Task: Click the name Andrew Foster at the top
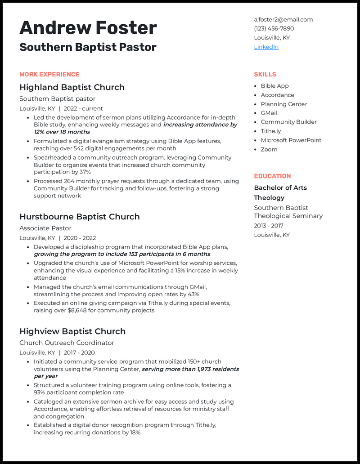(88, 28)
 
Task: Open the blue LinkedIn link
(266, 47)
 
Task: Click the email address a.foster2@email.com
(283, 19)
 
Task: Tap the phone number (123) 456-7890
(274, 28)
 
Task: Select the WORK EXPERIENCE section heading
(49, 74)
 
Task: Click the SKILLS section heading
(265, 74)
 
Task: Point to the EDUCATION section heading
(272, 176)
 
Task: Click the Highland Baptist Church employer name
(72, 87)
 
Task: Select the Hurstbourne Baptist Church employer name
(80, 217)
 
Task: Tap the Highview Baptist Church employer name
(72, 331)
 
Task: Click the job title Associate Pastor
(45, 228)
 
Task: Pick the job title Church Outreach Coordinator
(67, 343)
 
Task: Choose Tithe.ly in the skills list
(270, 131)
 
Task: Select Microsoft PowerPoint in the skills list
(291, 140)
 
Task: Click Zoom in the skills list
(269, 149)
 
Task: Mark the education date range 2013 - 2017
(269, 226)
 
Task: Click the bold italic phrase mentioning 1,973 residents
(190, 369)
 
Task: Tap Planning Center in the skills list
(283, 104)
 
